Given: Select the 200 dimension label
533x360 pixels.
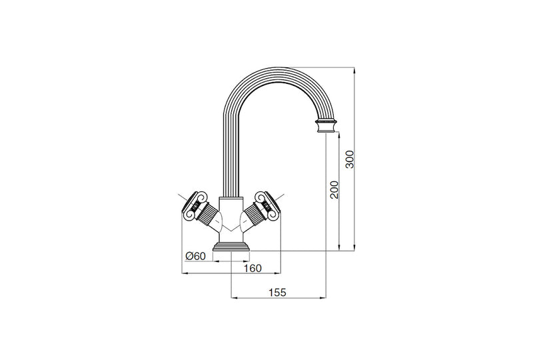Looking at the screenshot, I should (x=334, y=191).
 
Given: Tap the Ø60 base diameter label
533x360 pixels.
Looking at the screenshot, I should (x=195, y=257).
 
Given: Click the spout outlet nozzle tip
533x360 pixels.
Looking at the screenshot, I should (x=326, y=127).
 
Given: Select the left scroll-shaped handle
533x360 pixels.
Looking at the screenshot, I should (x=198, y=205).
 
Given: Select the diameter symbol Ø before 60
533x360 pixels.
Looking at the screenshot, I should (x=189, y=257).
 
